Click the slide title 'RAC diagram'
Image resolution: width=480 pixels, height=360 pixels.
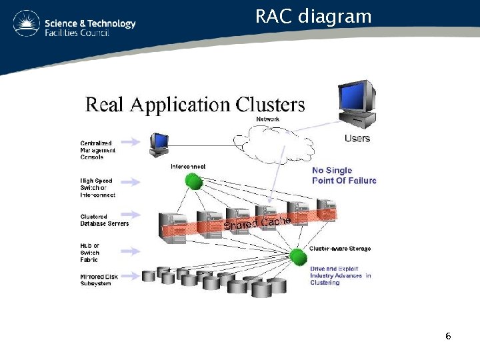tap(313, 16)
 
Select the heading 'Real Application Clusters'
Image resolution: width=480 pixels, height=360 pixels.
tap(195, 105)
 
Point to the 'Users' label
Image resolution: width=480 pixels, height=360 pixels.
tap(357, 139)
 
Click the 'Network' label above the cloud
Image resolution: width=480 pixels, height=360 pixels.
tap(268, 119)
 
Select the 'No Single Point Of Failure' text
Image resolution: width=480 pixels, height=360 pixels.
tap(344, 175)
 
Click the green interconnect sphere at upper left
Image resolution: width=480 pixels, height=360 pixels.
tap(193, 180)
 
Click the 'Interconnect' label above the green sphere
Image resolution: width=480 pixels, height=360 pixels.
tap(188, 166)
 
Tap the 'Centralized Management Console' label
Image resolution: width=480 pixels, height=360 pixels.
tap(97, 150)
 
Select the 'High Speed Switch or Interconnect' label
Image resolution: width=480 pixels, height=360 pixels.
tap(97, 187)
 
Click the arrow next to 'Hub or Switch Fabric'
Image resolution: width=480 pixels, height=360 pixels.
tap(130, 251)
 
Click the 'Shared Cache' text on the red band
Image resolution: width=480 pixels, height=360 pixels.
tap(257, 223)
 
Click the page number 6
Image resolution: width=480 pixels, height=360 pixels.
tap(448, 337)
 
